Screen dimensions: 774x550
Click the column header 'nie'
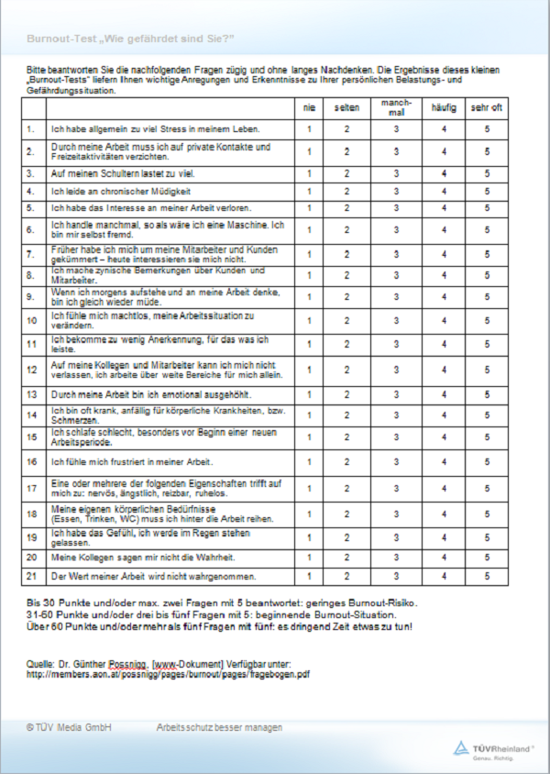[x=309, y=108]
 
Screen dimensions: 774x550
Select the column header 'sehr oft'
[x=487, y=108]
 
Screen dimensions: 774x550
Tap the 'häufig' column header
[x=443, y=108]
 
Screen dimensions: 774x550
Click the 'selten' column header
[x=346, y=108]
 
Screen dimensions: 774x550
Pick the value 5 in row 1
[x=487, y=129]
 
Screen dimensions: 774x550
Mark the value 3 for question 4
[x=396, y=192]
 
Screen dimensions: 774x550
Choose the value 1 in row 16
[x=309, y=462]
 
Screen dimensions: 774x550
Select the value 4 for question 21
[x=443, y=576]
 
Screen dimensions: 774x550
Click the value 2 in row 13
[x=346, y=394]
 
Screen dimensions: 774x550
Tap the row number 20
[x=32, y=557]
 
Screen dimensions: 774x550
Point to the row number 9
[x=31, y=296]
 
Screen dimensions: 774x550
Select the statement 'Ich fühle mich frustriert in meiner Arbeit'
[x=133, y=462]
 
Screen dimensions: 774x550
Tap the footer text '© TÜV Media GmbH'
[x=70, y=727]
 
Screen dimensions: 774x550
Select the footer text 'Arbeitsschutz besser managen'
[x=219, y=727]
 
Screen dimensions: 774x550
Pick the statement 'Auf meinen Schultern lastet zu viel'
[x=123, y=172]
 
